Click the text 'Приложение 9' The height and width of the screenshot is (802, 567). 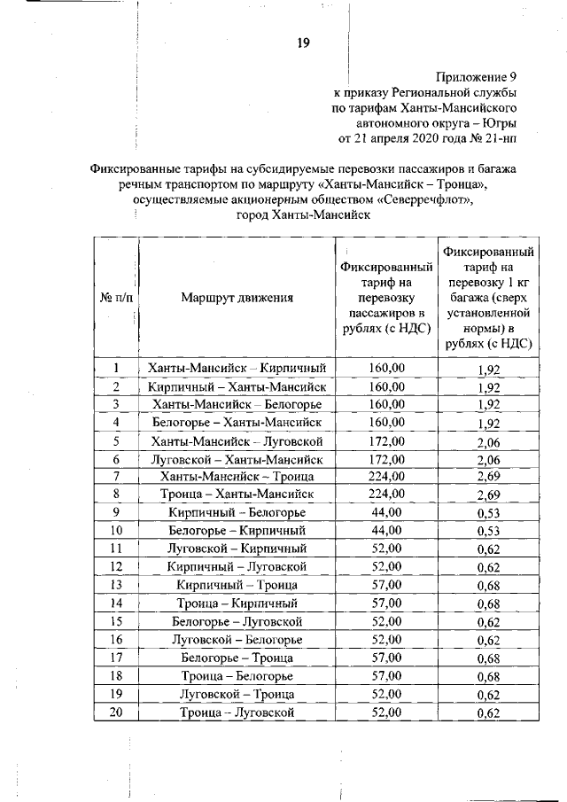pyautogui.click(x=476, y=76)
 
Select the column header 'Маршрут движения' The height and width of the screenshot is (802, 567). pyautogui.click(x=237, y=297)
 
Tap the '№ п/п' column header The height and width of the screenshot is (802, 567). pyautogui.click(x=116, y=297)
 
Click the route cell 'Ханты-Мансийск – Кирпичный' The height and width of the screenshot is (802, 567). pyautogui.click(x=237, y=367)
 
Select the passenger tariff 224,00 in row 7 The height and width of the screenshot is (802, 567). pyautogui.click(x=386, y=476)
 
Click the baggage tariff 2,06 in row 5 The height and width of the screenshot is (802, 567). pyautogui.click(x=489, y=441)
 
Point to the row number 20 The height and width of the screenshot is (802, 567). pyautogui.click(x=116, y=712)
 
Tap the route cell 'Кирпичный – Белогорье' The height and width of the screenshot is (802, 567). pyautogui.click(x=237, y=512)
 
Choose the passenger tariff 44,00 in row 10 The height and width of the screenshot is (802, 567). pyautogui.click(x=386, y=530)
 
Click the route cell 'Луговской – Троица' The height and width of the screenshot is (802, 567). pyautogui.click(x=237, y=694)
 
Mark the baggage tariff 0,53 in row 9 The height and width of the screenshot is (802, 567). pyautogui.click(x=489, y=513)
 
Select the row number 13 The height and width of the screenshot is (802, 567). pyautogui.click(x=116, y=585)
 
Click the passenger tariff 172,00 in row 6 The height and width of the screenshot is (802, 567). pyautogui.click(x=386, y=459)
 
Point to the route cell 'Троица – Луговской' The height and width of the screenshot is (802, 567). pyautogui.click(x=237, y=712)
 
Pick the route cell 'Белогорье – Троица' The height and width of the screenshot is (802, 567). pyautogui.click(x=237, y=658)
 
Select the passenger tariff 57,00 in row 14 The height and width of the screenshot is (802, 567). pyautogui.click(x=386, y=603)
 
